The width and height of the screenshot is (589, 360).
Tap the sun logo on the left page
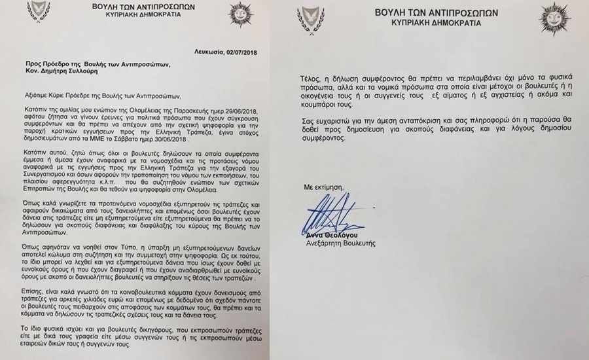pyautogui.click(x=239, y=13)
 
